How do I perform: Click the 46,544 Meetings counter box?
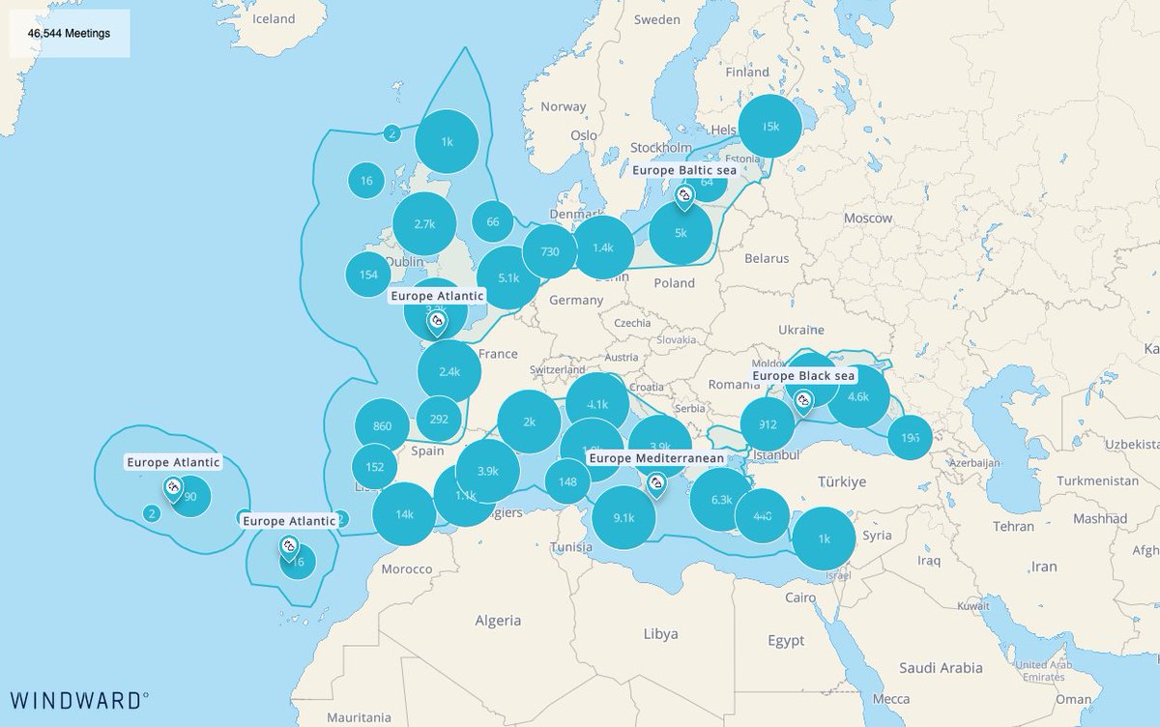[70, 33]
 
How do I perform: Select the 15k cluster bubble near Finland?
[770, 127]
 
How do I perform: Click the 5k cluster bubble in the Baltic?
[681, 233]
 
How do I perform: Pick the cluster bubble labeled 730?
[549, 251]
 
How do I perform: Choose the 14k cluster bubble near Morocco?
[404, 514]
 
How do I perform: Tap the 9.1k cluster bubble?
[623, 518]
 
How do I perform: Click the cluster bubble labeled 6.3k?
[721, 500]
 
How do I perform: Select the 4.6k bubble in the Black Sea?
[857, 396]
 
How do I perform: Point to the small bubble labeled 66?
[493, 221]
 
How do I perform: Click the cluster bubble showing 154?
[368, 275]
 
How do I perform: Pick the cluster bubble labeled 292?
[439, 420]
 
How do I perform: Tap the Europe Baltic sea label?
[684, 170]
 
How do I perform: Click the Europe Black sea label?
[804, 375]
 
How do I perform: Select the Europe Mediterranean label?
[656, 457]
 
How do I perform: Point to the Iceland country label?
[274, 18]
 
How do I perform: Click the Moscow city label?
[867, 218]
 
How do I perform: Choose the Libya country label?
[660, 634]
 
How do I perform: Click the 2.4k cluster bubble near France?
[449, 371]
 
